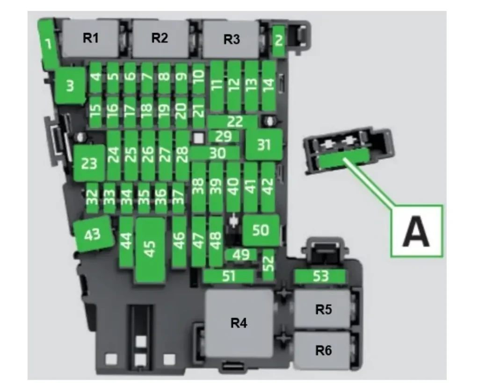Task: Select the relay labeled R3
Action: (x=231, y=39)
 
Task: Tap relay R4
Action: (x=239, y=323)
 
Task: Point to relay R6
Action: (x=323, y=350)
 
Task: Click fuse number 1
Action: (x=48, y=44)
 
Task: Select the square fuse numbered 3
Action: (x=70, y=86)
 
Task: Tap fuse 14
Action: (x=269, y=85)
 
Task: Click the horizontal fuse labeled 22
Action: (x=234, y=121)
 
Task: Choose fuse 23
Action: (x=89, y=163)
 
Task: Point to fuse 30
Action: (x=216, y=153)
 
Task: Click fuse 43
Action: (x=93, y=234)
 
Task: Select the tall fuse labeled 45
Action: (x=150, y=249)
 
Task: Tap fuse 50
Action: (x=261, y=230)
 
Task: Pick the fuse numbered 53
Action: (x=320, y=277)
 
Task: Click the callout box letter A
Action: (x=416, y=231)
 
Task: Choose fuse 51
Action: (x=229, y=276)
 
